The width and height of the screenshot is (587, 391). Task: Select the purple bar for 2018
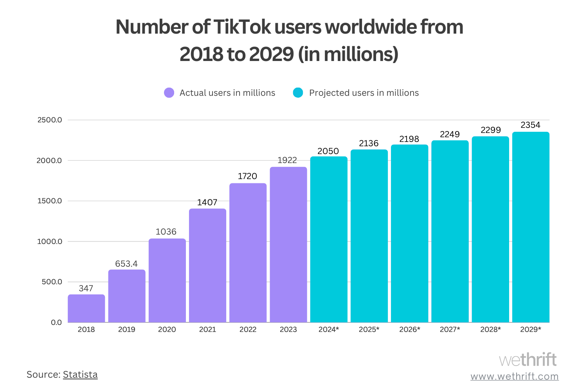(x=86, y=308)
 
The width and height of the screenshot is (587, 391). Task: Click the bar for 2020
(x=167, y=280)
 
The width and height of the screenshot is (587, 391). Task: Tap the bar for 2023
(x=288, y=245)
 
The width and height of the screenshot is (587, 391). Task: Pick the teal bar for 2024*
(x=329, y=239)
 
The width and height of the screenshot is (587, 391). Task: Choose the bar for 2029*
(x=531, y=227)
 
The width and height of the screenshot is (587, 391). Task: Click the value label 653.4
(x=126, y=264)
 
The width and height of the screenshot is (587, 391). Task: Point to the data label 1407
(x=207, y=202)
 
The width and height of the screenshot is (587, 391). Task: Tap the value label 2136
(x=369, y=143)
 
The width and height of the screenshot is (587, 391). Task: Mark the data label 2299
(x=491, y=130)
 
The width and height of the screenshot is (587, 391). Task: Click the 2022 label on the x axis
(x=248, y=330)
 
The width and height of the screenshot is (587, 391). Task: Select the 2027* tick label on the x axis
(x=450, y=330)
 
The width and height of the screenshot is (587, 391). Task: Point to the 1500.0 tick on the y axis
(x=50, y=201)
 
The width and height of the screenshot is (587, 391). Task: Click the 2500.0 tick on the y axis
(x=50, y=120)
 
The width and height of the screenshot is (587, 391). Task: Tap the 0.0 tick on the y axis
(x=56, y=323)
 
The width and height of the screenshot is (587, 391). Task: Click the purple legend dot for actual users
(x=169, y=93)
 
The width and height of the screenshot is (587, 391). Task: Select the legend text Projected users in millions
(x=364, y=93)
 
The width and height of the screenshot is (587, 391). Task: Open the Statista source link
(x=80, y=375)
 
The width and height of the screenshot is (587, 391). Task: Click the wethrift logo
(x=528, y=360)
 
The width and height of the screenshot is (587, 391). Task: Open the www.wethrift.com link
(x=515, y=377)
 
